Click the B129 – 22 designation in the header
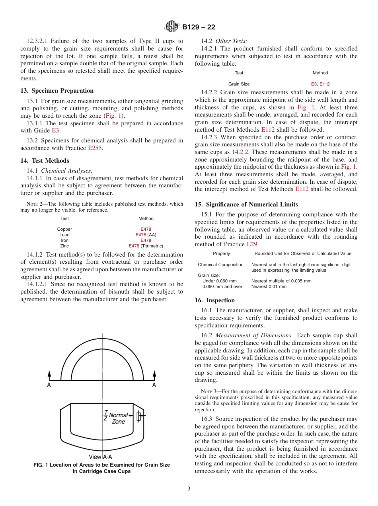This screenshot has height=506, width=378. point(199,27)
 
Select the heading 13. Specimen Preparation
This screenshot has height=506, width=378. point(57,91)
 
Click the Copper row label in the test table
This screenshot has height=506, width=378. point(64,230)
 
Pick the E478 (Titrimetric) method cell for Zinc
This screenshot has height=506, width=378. point(146,246)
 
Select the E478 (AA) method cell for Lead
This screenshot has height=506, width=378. point(146,235)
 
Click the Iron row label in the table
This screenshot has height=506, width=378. point(64,241)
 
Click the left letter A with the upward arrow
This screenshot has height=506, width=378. point(49,385)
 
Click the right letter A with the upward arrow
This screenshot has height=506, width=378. point(154,385)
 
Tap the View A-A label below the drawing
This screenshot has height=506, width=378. point(100,457)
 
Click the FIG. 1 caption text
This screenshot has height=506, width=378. point(101,468)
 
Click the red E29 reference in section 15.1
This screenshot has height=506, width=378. point(251,244)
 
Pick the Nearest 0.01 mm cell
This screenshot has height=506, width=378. point(269,286)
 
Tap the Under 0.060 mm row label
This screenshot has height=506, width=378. point(220,281)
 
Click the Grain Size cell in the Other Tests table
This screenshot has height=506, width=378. point(239,84)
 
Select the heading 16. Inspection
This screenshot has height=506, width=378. point(214,300)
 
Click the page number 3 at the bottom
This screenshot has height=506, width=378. point(189,489)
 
